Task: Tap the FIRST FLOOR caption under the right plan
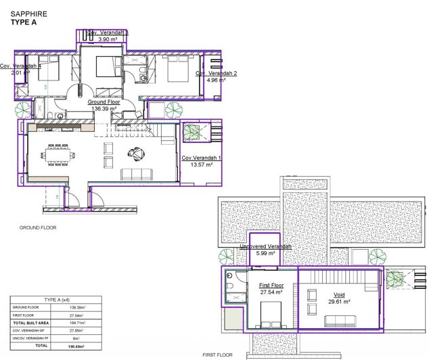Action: point(218,355)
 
